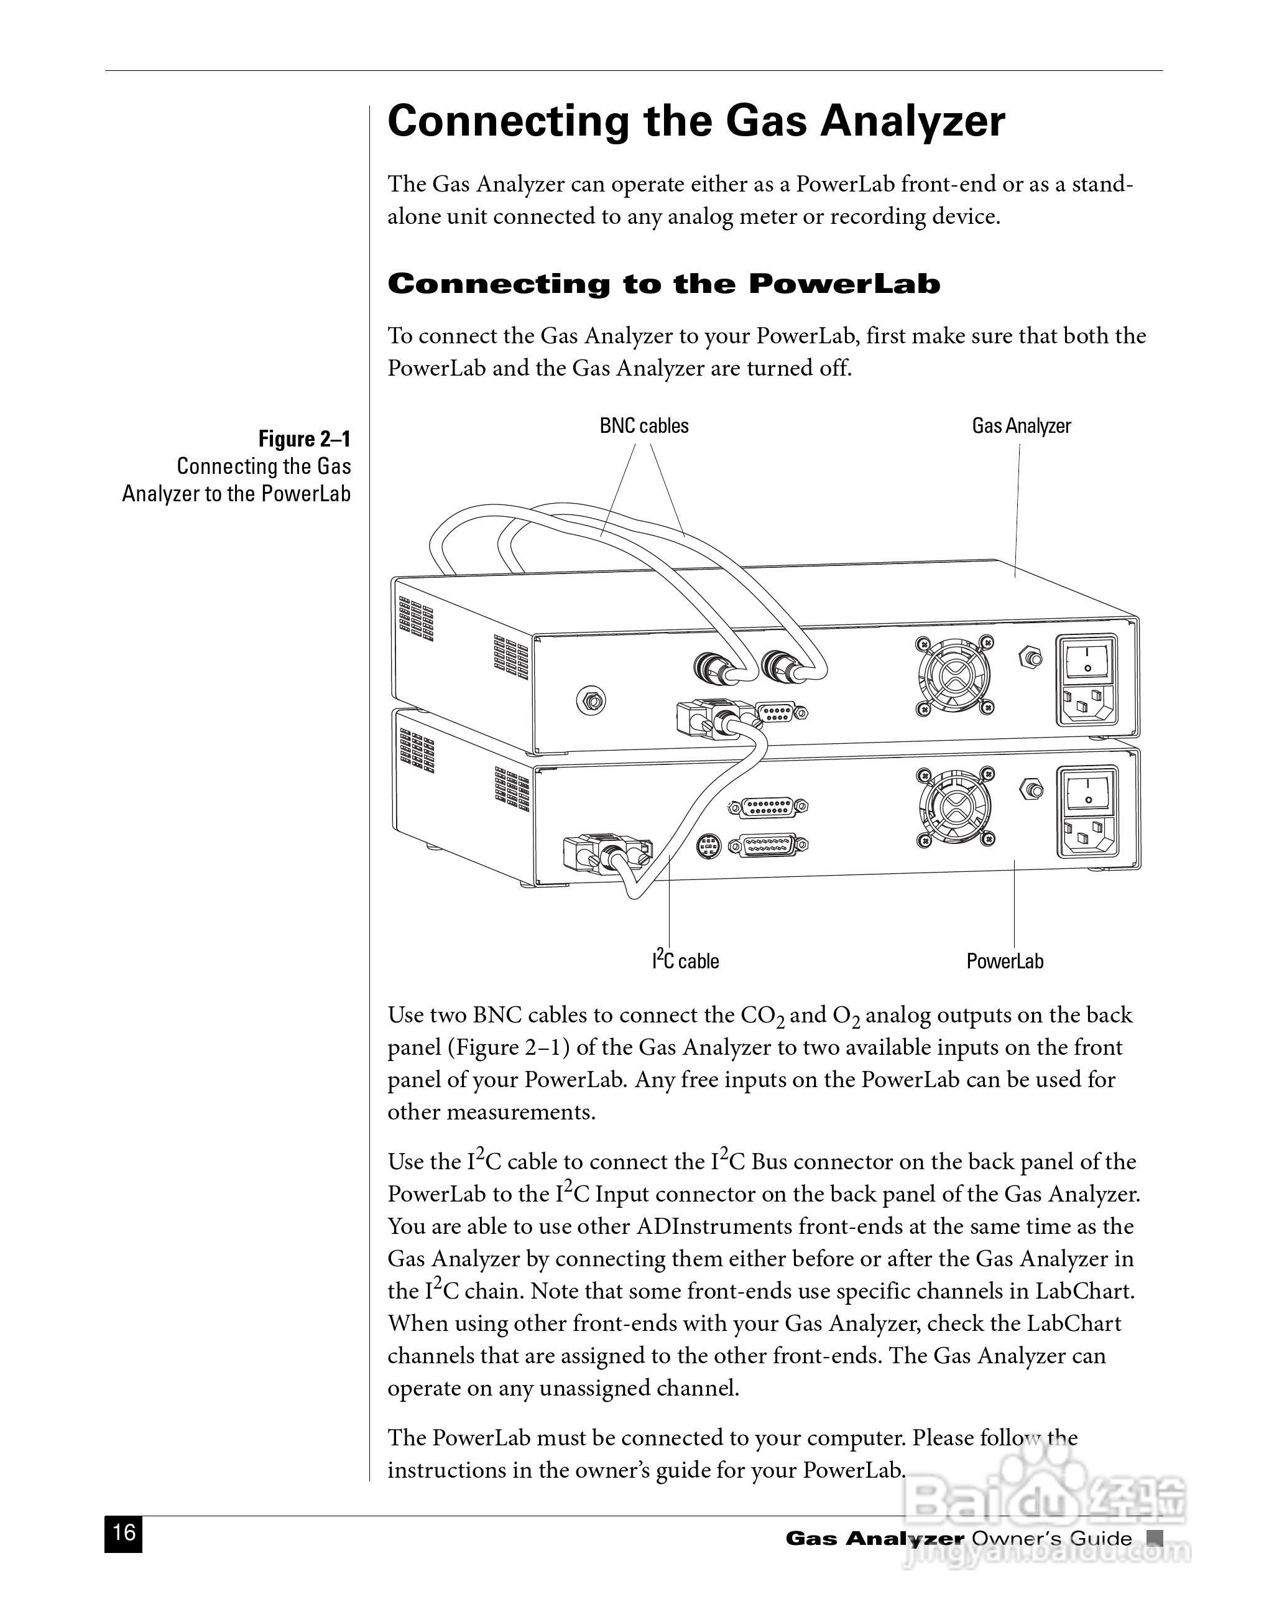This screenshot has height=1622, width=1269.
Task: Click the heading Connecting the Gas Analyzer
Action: [x=696, y=121]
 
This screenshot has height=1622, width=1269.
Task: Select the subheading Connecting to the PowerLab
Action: [x=663, y=284]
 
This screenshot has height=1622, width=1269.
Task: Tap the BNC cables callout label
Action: [x=644, y=426]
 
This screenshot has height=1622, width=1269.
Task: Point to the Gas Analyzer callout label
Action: [x=1021, y=426]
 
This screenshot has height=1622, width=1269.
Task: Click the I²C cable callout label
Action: [x=685, y=960]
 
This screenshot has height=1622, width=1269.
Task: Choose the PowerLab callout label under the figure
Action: [x=1005, y=961]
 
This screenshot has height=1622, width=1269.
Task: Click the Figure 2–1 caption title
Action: [x=304, y=439]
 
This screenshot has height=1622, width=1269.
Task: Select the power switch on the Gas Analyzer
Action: [x=1087, y=658]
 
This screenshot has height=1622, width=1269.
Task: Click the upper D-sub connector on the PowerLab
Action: [x=767, y=806]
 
